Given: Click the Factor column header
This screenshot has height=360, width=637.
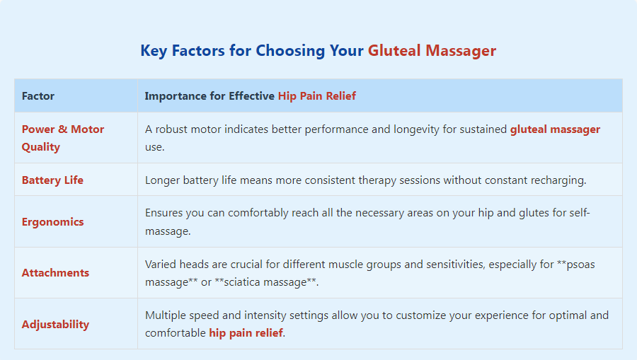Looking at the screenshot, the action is (38, 95).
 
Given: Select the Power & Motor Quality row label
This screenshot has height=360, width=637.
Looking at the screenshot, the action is (63, 138).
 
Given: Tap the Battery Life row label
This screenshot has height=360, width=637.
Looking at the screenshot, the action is (52, 180).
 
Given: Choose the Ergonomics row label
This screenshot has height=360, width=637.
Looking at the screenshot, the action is (53, 222).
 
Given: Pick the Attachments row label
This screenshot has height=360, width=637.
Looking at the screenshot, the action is (55, 273).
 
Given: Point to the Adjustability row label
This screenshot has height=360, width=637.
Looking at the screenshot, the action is (55, 325).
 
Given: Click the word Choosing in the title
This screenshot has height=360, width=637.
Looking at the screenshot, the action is (290, 51).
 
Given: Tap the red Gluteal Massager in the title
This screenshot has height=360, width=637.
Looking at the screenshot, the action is (432, 51).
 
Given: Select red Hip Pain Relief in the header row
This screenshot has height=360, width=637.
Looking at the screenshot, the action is (317, 95).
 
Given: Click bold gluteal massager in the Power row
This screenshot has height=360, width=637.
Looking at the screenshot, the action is (555, 129).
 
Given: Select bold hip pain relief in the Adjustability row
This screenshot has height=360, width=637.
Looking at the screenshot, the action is (246, 333).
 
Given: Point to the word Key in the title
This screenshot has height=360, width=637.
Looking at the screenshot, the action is (154, 51).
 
